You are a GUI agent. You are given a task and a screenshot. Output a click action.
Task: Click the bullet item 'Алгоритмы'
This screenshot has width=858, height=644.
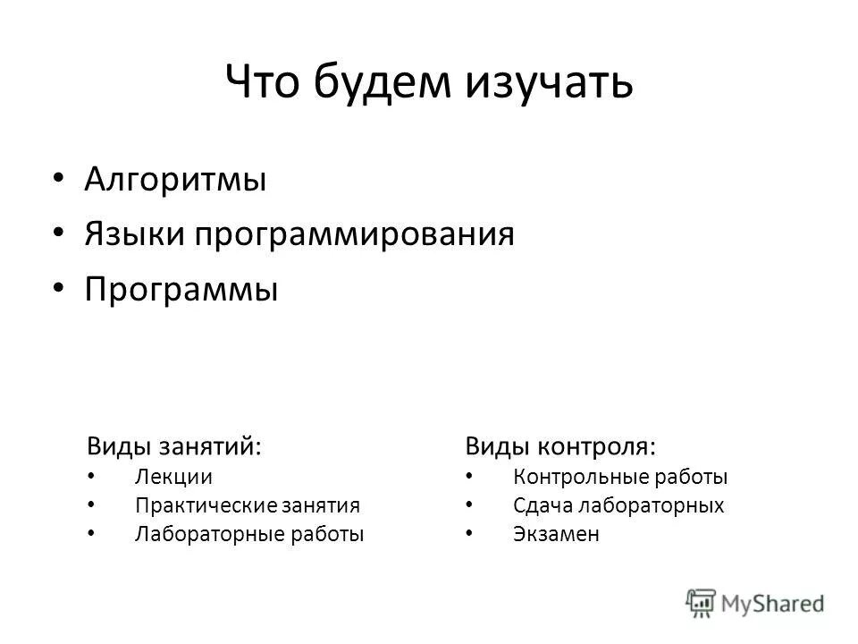tap(175, 179)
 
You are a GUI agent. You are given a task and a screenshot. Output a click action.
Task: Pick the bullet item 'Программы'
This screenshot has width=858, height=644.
tap(181, 290)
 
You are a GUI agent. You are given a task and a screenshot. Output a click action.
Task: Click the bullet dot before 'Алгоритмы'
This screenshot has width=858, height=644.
tap(59, 178)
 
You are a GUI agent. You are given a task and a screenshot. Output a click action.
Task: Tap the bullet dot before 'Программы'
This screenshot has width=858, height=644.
tap(59, 288)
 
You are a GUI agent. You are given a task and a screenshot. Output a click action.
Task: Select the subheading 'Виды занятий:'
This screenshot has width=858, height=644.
tap(174, 445)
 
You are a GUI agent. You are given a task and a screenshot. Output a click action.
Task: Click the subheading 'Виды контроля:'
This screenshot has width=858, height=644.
tap(559, 445)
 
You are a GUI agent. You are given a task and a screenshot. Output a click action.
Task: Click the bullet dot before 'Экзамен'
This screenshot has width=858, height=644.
tap(470, 534)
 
